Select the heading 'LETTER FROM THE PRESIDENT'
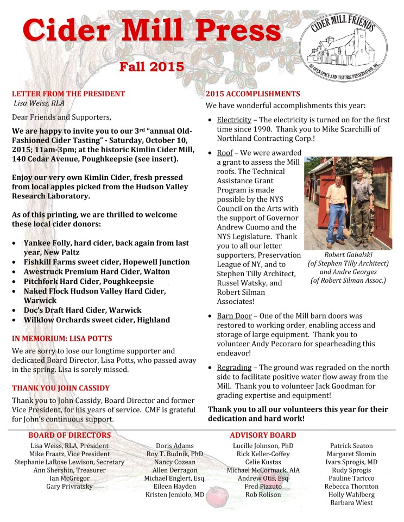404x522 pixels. pyautogui.click(x=68, y=94)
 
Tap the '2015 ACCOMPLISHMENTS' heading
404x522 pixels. pyautogui.click(x=252, y=94)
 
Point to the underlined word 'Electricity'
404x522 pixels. pyautogui.click(x=234, y=120)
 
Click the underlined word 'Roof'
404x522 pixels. pyautogui.click(x=225, y=153)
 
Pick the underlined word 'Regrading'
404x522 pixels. pyautogui.click(x=234, y=368)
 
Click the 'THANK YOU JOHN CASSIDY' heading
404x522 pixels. pyautogui.click(x=61, y=388)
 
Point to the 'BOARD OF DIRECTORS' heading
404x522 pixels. pyautogui.click(x=70, y=435)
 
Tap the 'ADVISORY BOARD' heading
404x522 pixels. pyautogui.click(x=263, y=435)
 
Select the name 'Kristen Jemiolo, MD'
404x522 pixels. pyautogui.click(x=175, y=495)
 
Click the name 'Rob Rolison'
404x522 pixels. pyautogui.click(x=263, y=495)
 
